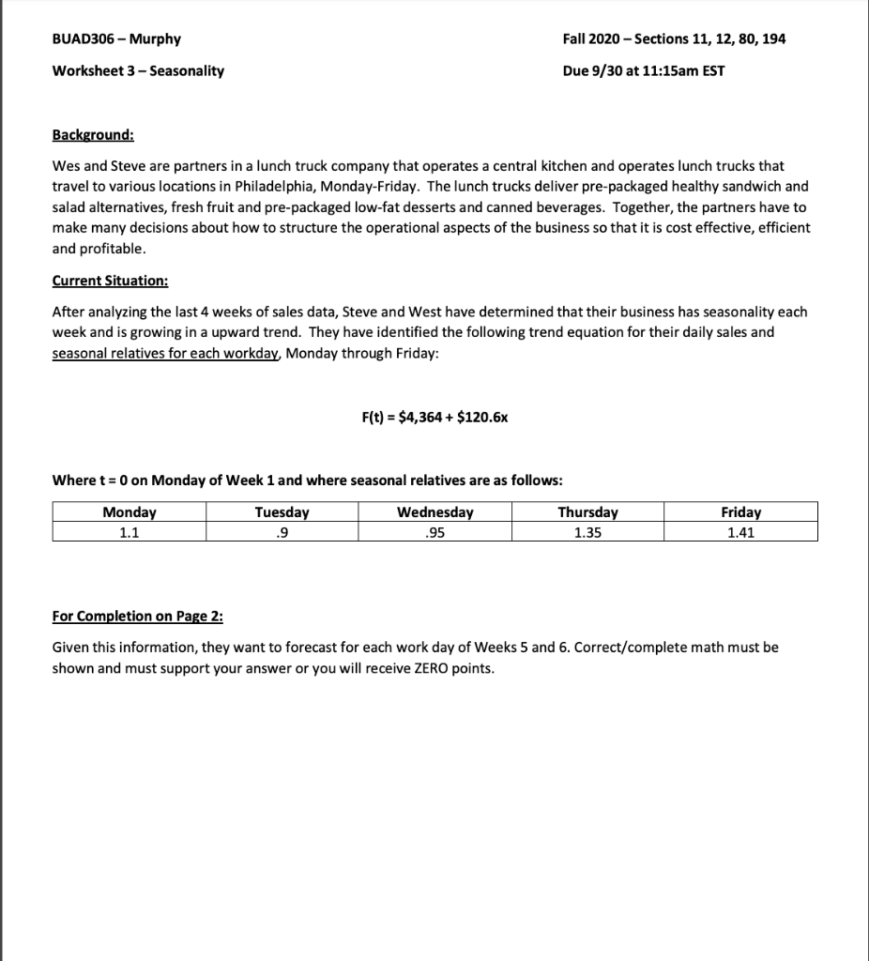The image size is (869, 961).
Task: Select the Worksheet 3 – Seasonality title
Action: point(138,70)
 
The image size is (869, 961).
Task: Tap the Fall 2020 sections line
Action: point(674,39)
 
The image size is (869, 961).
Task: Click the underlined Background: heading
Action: point(93,135)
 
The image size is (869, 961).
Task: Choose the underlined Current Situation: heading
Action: point(110,282)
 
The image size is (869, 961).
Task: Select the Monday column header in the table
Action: point(130,512)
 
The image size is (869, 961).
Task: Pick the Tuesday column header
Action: point(282,512)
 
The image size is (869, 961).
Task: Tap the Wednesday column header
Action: point(434,512)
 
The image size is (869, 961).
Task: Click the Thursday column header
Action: point(587,512)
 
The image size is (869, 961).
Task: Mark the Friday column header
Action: point(740,512)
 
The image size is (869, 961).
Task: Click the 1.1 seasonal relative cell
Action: point(130,531)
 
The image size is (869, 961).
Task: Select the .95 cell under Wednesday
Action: point(434,531)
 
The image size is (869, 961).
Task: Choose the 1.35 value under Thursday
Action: point(587,531)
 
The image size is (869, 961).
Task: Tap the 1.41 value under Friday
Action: point(740,531)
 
